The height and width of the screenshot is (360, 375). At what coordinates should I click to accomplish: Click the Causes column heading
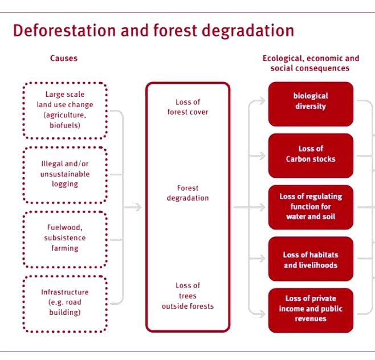pyautogui.click(x=64, y=58)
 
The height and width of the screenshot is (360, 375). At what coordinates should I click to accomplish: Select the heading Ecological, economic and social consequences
pyautogui.click(x=311, y=63)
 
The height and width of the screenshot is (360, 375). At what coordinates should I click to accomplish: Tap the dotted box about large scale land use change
pyautogui.click(x=65, y=110)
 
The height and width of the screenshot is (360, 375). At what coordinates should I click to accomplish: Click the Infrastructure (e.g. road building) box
pyautogui.click(x=65, y=303)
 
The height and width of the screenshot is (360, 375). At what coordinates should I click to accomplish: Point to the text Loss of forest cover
pyautogui.click(x=187, y=107)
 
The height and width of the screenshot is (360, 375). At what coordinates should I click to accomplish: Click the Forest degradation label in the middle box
pyautogui.click(x=187, y=193)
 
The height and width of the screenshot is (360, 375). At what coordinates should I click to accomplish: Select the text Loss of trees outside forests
pyautogui.click(x=187, y=296)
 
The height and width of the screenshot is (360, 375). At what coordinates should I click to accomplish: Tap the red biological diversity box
pyautogui.click(x=311, y=101)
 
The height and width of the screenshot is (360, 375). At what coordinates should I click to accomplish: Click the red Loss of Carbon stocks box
pyautogui.click(x=311, y=154)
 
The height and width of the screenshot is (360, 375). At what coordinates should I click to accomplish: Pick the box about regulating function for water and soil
pyautogui.click(x=311, y=206)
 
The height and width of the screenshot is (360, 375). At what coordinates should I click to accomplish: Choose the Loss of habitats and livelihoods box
pyautogui.click(x=311, y=260)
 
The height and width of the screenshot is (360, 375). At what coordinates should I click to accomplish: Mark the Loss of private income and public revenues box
pyautogui.click(x=311, y=309)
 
